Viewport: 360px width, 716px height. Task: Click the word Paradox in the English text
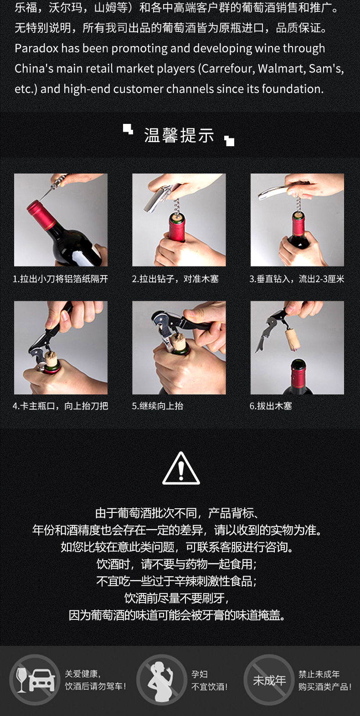click(36, 48)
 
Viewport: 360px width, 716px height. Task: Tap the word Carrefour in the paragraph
click(226, 68)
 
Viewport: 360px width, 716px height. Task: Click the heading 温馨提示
click(179, 135)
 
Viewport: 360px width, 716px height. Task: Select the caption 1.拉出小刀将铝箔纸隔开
click(61, 279)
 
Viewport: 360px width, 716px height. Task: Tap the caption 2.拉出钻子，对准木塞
click(175, 279)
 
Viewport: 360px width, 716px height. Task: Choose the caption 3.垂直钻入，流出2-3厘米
click(297, 279)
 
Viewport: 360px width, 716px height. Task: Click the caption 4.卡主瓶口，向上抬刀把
click(61, 406)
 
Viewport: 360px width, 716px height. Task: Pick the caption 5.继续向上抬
click(158, 406)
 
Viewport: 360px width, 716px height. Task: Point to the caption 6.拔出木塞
click(271, 406)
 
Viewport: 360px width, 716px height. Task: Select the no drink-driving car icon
click(35, 680)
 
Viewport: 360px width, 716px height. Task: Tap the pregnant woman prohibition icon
click(162, 680)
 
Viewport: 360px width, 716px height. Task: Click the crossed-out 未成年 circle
click(269, 680)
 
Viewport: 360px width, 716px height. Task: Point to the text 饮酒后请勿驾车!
click(95, 686)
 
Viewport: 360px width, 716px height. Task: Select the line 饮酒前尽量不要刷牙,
click(176, 598)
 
